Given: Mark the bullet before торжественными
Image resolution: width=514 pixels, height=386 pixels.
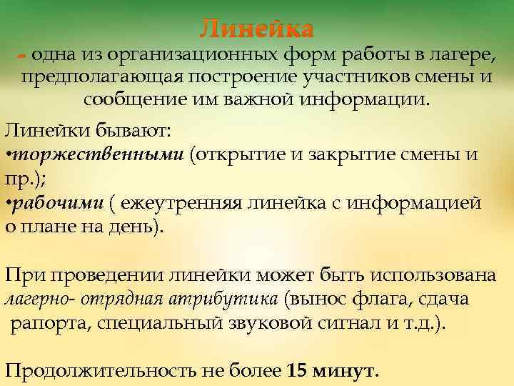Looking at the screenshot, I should click(x=8, y=156).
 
